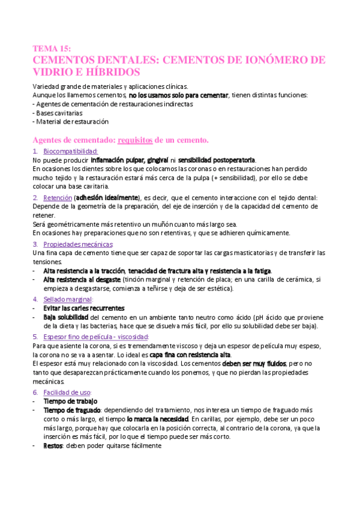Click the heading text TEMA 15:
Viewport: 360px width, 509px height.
(x=52, y=49)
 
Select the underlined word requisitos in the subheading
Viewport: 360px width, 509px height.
(x=136, y=140)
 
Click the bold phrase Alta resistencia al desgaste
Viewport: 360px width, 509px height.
(x=82, y=280)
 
